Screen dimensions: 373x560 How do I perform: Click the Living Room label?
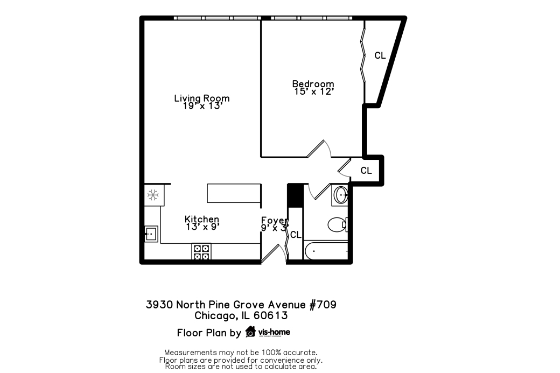(x=201, y=98)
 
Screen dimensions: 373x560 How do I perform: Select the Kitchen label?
(x=202, y=219)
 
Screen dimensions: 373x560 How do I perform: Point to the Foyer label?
(x=274, y=220)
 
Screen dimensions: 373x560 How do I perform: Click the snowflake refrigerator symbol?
(x=153, y=194)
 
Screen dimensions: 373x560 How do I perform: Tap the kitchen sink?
(x=151, y=234)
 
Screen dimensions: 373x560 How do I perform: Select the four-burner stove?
(x=202, y=252)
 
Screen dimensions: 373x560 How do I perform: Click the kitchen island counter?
(x=234, y=193)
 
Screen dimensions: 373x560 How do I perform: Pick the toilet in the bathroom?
(x=338, y=224)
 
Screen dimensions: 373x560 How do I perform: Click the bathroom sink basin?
(x=340, y=194)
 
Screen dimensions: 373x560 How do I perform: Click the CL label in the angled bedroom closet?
(x=380, y=55)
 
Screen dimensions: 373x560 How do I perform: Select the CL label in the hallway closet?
(x=366, y=171)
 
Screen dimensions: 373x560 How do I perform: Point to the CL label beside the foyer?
(x=296, y=235)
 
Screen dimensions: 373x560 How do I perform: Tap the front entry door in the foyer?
(x=275, y=253)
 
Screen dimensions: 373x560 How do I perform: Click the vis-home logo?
(x=268, y=332)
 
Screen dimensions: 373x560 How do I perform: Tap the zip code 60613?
(x=271, y=316)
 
